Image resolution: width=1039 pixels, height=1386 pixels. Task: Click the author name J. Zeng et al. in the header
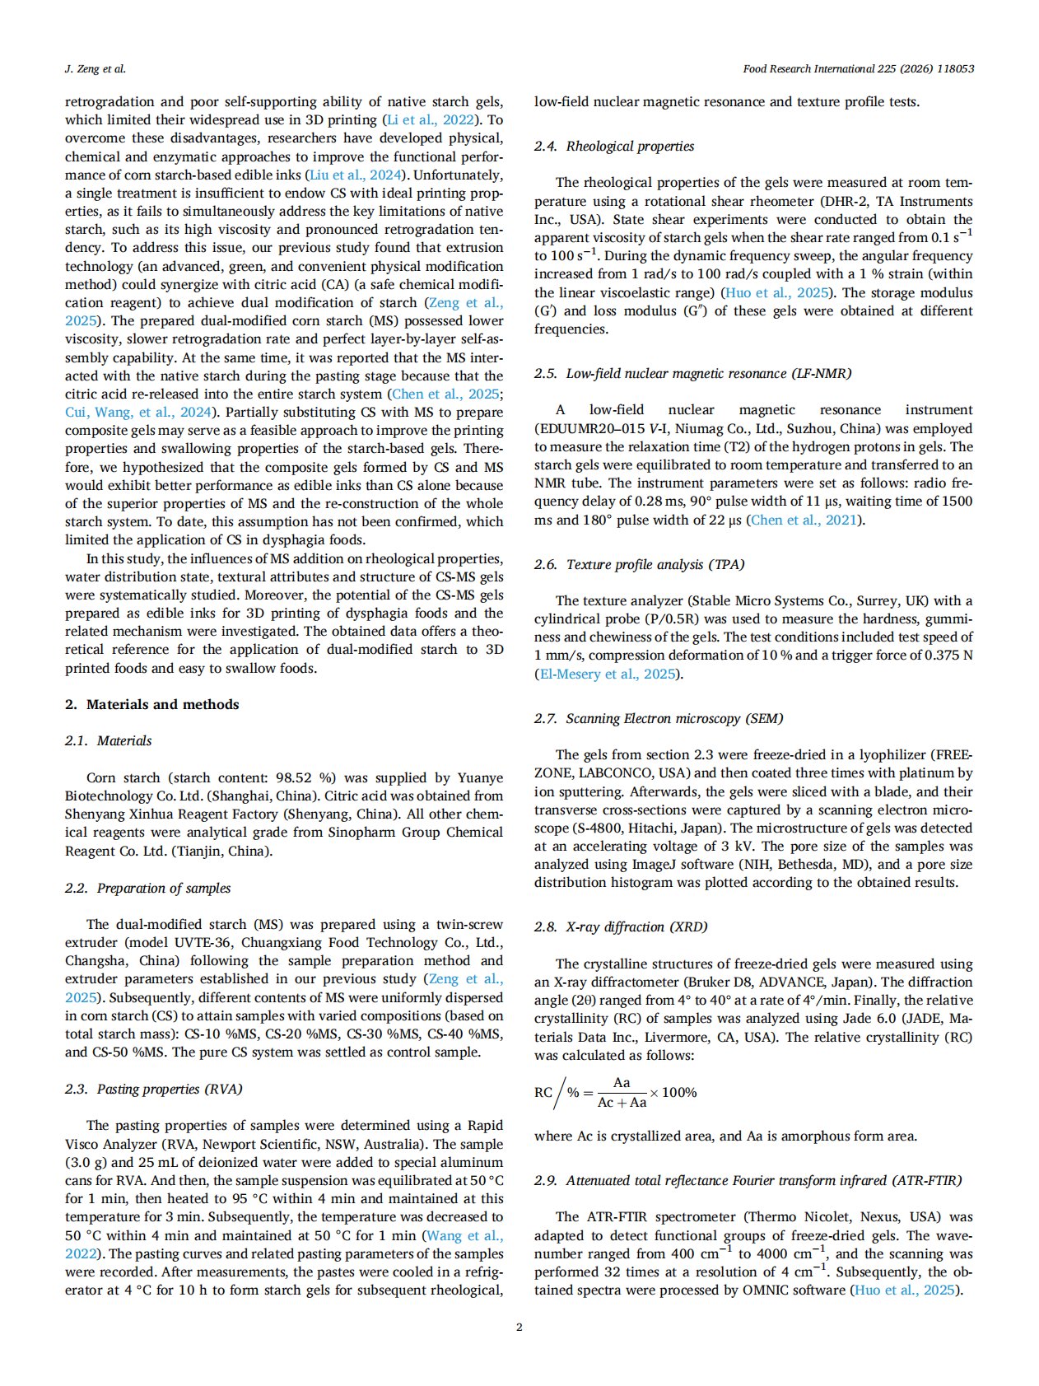pyautogui.click(x=95, y=69)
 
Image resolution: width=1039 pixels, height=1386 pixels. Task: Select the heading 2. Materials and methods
pyautogui.click(x=152, y=704)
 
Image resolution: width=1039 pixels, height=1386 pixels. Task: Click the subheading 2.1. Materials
pyautogui.click(x=109, y=740)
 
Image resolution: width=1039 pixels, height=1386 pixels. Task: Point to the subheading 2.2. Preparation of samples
pyautogui.click(x=148, y=888)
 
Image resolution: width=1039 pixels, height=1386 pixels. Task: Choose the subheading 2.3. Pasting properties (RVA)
pyautogui.click(x=154, y=1089)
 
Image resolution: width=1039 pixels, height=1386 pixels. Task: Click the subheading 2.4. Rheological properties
pyautogui.click(x=614, y=146)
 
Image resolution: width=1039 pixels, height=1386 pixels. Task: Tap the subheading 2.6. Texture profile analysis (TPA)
pyautogui.click(x=639, y=564)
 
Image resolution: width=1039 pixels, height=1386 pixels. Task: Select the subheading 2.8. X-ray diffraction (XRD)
pyautogui.click(x=621, y=926)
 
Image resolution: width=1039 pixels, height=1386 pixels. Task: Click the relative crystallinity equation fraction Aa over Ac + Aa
pyautogui.click(x=622, y=1093)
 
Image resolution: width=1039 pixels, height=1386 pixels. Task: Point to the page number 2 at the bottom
pyautogui.click(x=519, y=1327)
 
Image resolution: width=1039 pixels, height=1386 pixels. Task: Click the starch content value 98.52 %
pyautogui.click(x=305, y=777)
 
